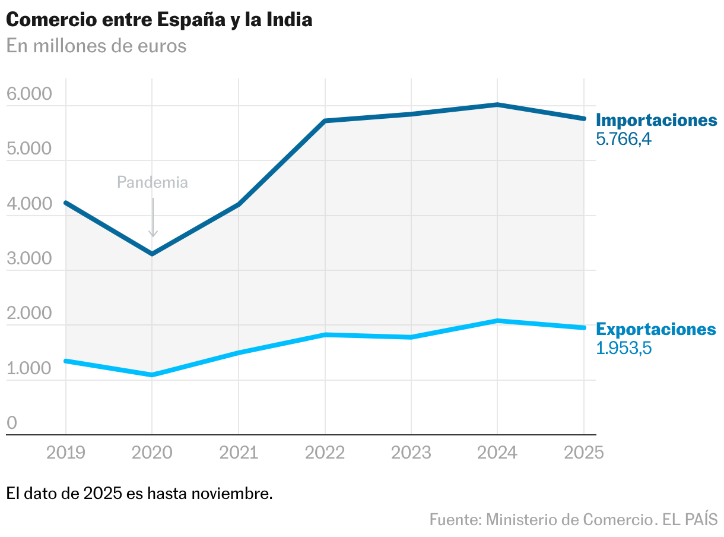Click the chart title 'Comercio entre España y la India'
click(x=159, y=20)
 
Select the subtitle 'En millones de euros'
click(x=96, y=46)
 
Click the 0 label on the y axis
click(x=12, y=423)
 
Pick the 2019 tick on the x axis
click(x=65, y=453)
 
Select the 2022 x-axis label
click(x=325, y=453)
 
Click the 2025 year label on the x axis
click(x=584, y=453)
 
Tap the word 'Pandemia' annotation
click(x=153, y=182)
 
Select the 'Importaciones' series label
click(x=656, y=120)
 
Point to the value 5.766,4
click(x=624, y=140)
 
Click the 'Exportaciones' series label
click(x=656, y=329)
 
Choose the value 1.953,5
click(x=624, y=348)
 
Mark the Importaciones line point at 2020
click(x=153, y=254)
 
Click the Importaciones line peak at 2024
click(x=497, y=105)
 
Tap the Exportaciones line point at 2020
click(x=153, y=375)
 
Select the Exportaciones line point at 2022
click(x=325, y=335)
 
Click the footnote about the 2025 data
click(x=139, y=493)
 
